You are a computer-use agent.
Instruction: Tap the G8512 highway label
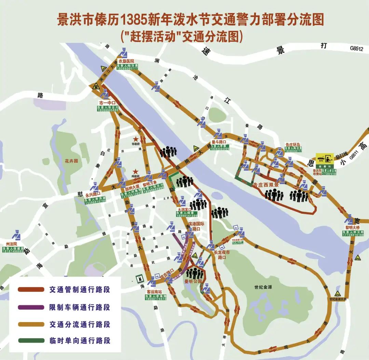click(x=356, y=49)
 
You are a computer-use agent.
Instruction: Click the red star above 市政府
click(x=136, y=139)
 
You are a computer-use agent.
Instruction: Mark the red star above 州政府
click(x=136, y=171)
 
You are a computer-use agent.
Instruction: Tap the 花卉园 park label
click(x=71, y=160)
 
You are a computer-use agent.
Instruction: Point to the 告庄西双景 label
click(x=266, y=185)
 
